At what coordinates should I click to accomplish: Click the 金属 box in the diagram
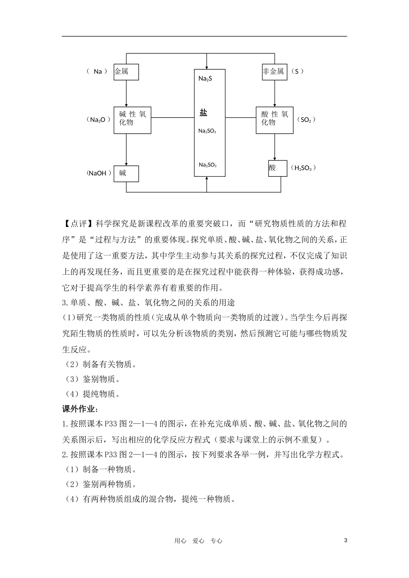click(x=126, y=72)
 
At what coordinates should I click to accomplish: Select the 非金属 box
click(x=274, y=72)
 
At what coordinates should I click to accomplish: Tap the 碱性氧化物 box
click(x=132, y=120)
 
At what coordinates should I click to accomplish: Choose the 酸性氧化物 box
click(x=274, y=120)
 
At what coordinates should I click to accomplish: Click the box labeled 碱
click(x=126, y=174)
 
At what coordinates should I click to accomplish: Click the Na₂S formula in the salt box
click(x=205, y=79)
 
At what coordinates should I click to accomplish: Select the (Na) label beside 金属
click(x=97, y=71)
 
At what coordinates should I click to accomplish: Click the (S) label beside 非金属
click(x=297, y=71)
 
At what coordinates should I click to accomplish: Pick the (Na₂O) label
click(x=99, y=120)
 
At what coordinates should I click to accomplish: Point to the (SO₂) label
click(x=306, y=120)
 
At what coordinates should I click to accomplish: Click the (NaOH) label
click(x=99, y=173)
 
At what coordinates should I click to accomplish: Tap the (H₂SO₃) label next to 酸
click(x=304, y=168)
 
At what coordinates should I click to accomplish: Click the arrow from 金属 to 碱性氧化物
click(x=126, y=94)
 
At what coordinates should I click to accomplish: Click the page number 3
click(x=346, y=541)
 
